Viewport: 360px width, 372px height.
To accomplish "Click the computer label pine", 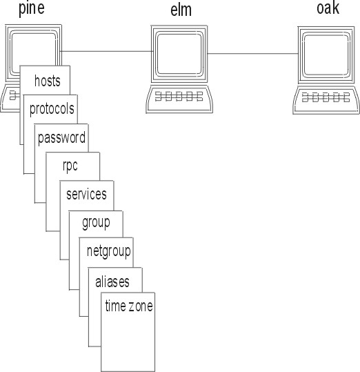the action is click(x=32, y=9).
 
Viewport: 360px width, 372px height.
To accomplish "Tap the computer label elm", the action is click(x=181, y=10).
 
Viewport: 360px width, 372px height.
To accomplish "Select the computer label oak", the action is click(x=328, y=8).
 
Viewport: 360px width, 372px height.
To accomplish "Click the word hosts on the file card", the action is click(x=48, y=81).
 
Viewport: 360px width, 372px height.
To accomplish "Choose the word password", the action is click(x=61, y=138).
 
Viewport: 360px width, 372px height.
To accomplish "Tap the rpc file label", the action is click(x=70, y=166).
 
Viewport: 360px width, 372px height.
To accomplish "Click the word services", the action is click(x=86, y=195).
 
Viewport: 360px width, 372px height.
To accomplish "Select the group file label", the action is click(x=96, y=223).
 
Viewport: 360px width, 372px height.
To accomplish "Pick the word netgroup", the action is click(x=109, y=251).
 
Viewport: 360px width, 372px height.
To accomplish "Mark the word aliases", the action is click(x=112, y=282).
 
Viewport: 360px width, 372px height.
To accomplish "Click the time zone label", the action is click(x=129, y=306).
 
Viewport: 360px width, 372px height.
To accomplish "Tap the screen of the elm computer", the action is click(x=179, y=54).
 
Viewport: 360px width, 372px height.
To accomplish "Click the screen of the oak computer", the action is click(x=326, y=55).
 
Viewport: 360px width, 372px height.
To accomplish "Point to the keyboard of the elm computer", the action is click(x=179, y=99).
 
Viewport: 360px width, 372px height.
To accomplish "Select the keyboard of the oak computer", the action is click(x=326, y=100).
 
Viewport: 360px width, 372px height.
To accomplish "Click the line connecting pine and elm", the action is click(x=106, y=51).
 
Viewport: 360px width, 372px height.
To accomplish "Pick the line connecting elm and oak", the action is click(x=252, y=54).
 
